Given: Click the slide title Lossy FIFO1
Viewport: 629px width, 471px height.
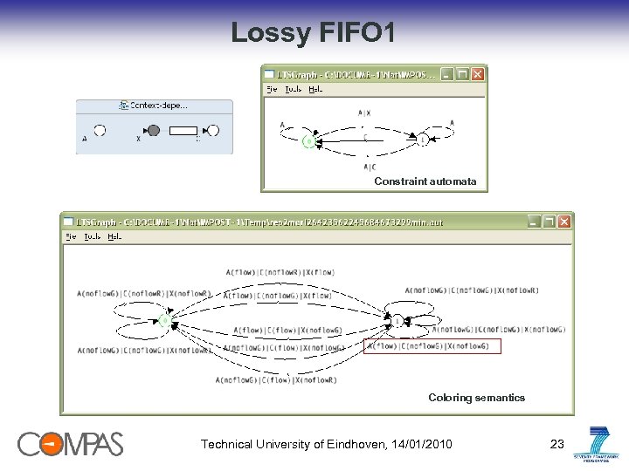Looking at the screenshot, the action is coord(314,33).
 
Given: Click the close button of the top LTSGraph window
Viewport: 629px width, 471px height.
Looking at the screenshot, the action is coord(477,75).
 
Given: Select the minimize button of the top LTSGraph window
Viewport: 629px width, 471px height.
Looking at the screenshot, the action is coord(447,75).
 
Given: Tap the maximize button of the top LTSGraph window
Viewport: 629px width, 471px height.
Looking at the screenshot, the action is coord(462,75).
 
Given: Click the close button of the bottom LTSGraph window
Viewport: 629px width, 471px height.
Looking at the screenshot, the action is coord(564,222).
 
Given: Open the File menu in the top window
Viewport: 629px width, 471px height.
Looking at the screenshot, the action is coord(272,89).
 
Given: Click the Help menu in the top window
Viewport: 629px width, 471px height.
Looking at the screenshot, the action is coord(315,89).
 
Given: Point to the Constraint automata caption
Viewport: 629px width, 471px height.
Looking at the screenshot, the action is coord(425,181).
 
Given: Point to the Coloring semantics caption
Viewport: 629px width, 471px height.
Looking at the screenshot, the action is coord(476,398).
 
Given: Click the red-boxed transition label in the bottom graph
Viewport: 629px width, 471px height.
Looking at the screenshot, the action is coord(434,346).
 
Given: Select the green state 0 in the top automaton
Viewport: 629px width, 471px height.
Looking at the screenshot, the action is coord(308,140).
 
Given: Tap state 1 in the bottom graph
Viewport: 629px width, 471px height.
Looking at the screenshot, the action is coord(398,321).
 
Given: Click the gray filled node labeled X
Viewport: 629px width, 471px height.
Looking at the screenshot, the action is coord(154,131).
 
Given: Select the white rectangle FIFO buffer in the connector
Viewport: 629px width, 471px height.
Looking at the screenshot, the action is coord(184,131).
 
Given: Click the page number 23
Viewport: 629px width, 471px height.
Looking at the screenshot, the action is coord(557,445).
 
